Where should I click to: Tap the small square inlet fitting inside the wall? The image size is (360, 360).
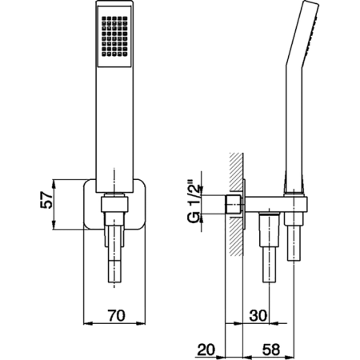234,205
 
